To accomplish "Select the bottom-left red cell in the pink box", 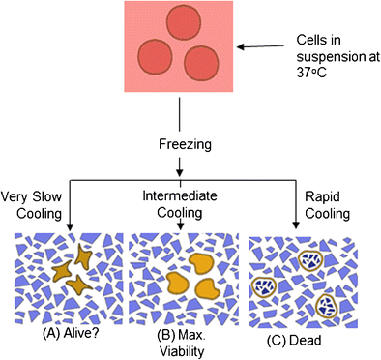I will point(158,53).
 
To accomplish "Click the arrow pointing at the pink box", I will point(260,46).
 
